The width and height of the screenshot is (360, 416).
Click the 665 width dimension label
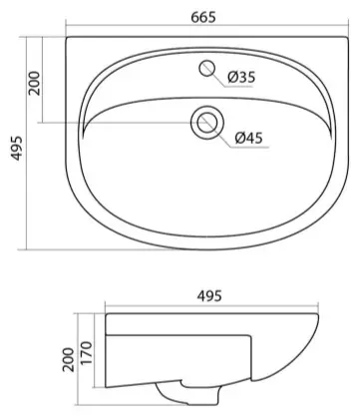[203, 17]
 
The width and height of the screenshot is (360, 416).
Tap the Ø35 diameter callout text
[241, 77]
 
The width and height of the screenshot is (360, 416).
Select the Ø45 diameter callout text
[248, 138]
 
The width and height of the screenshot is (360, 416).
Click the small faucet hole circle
[207, 68]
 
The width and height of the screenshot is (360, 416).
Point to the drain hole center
[207, 123]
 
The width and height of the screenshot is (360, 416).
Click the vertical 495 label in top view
[17, 149]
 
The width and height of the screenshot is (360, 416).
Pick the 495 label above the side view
[209, 296]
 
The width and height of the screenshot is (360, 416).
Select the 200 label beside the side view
[69, 360]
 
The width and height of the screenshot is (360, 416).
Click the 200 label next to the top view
[34, 83]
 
